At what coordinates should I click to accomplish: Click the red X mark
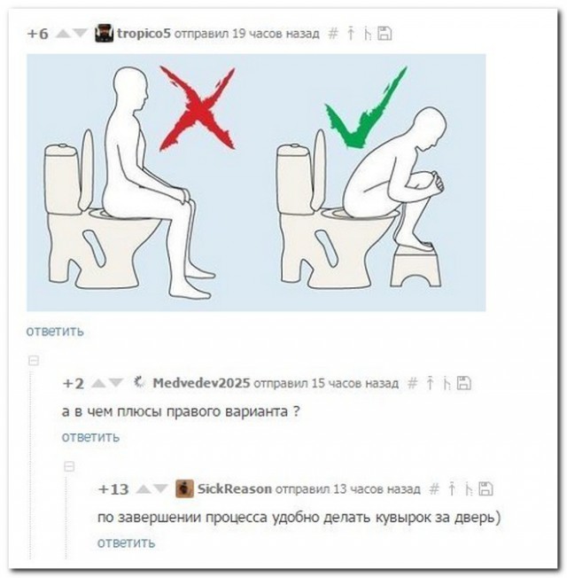197,109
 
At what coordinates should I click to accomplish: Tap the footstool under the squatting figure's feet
416,266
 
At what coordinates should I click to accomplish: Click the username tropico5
144,34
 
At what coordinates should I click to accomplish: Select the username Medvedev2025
201,383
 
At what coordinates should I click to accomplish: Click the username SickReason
235,488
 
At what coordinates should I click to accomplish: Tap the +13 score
113,489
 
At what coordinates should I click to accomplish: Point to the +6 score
37,34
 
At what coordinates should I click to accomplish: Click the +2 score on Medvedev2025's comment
74,383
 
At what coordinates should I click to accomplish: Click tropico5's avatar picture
104,33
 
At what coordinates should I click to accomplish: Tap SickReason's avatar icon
184,488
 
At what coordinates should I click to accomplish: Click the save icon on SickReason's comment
485,488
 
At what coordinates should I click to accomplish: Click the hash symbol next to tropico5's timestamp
333,34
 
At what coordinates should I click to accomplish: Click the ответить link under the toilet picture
55,331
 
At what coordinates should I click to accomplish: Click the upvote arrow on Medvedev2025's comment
97,383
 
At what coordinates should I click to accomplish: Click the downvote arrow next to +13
160,488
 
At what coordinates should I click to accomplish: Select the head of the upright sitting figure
131,89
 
